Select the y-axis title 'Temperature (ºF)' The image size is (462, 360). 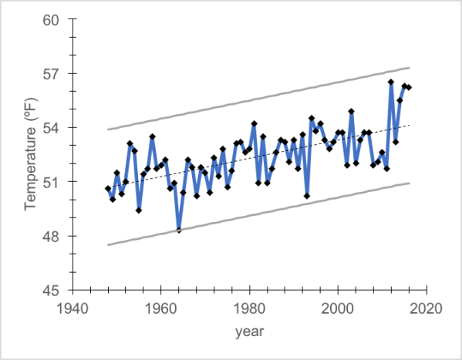[29, 155]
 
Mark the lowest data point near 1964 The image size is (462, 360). [179, 230]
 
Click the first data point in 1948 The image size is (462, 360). [108, 189]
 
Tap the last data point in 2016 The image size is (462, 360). [409, 87]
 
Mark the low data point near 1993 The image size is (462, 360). [307, 196]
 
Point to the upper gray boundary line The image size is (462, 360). [258, 99]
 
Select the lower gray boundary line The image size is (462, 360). [258, 214]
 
